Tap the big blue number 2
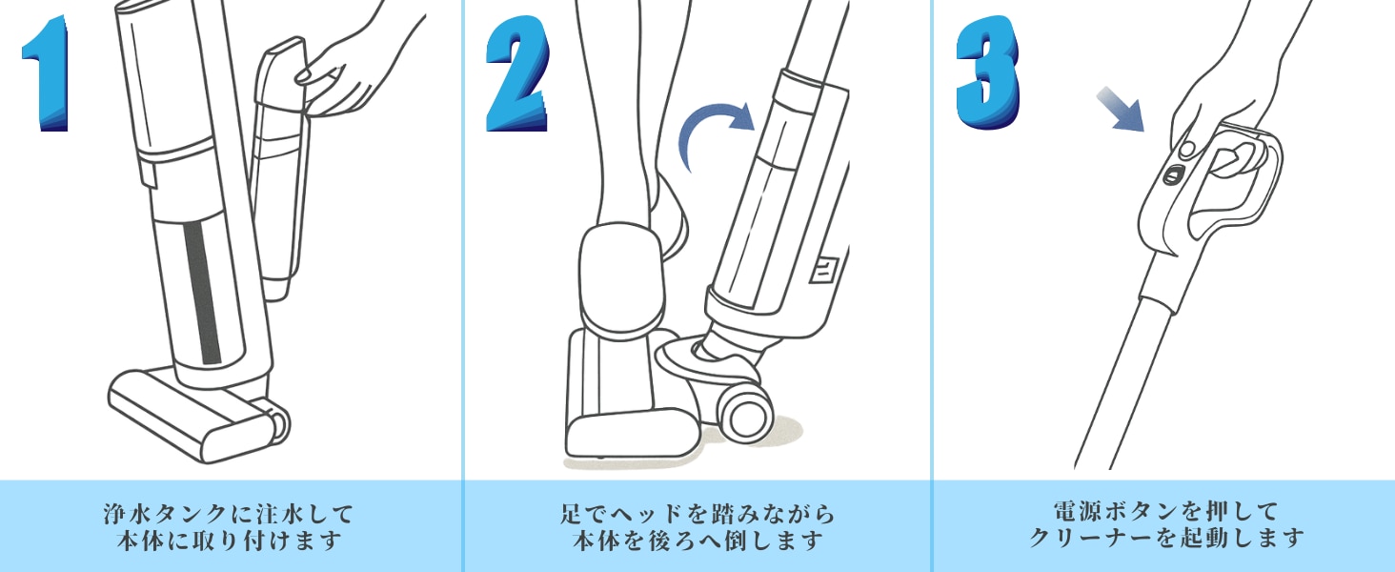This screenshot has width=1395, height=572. tap(517, 73)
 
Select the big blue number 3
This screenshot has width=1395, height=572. tap(988, 72)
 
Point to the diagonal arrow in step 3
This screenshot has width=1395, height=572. tap(1121, 110)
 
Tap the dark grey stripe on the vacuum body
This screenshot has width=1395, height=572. tap(203, 293)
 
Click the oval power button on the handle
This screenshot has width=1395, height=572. tap(1174, 175)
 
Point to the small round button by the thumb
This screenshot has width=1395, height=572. tap(1187, 150)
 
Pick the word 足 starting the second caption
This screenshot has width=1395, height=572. tap(572, 515)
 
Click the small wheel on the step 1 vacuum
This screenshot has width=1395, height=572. tap(278, 423)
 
